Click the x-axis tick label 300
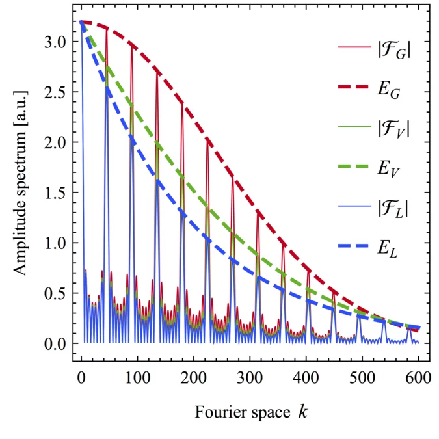pyautogui.click(x=250, y=377)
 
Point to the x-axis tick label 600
pyautogui.click(x=419, y=377)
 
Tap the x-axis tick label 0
pyautogui.click(x=81, y=377)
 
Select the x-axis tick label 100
pyautogui.click(x=137, y=377)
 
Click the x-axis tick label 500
pyautogui.click(x=362, y=377)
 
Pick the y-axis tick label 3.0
pyautogui.click(x=53, y=42)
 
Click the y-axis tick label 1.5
pyautogui.click(x=53, y=193)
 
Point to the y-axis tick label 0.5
pyautogui.click(x=53, y=293)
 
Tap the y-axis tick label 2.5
pyautogui.click(x=53, y=92)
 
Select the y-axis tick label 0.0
pyautogui.click(x=53, y=343)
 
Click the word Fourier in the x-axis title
pyautogui.click(x=214, y=411)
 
